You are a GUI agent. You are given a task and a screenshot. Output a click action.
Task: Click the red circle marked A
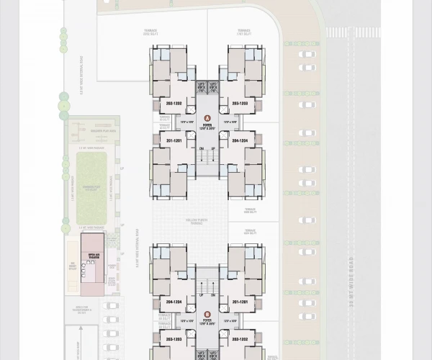207,117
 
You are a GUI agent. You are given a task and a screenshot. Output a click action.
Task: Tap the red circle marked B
207,314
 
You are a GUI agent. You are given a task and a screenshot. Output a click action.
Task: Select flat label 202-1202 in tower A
173,104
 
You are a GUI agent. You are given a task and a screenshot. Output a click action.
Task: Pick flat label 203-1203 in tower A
240,104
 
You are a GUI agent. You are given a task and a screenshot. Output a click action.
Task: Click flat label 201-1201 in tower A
173,140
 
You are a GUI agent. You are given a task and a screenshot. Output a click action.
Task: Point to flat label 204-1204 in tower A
240,140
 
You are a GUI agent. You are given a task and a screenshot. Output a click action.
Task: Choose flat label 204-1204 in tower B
173,302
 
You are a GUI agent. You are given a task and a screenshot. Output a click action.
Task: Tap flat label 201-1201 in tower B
240,302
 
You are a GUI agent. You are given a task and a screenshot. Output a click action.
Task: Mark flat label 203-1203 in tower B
173,338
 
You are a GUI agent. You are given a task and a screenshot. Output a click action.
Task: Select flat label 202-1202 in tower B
240,338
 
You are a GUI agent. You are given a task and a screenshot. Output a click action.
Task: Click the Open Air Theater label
94,256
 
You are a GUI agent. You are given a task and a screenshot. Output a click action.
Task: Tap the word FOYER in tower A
207,125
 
